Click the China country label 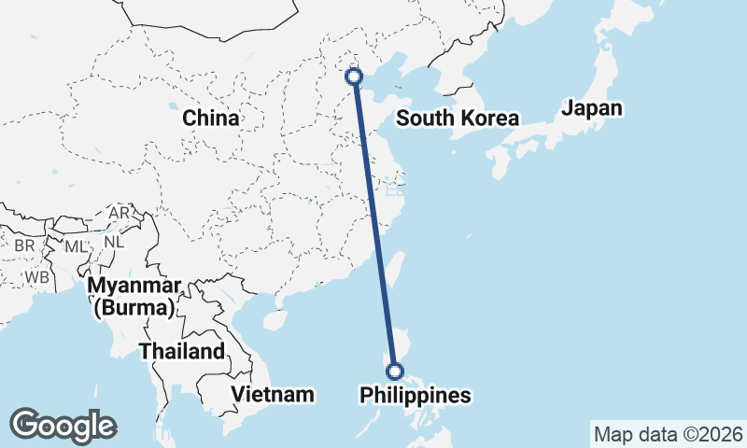[210, 119]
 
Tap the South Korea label [457, 119]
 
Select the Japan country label [591, 108]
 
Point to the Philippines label [416, 396]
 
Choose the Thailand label [182, 352]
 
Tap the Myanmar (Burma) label [134, 295]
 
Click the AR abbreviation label [120, 213]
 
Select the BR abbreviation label [24, 245]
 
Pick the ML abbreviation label [76, 246]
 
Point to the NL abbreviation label [114, 241]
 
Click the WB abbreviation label [37, 277]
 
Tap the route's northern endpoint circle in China [354, 77]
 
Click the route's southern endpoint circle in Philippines [395, 371]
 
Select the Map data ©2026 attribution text [668, 434]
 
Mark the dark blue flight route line [374, 224]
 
